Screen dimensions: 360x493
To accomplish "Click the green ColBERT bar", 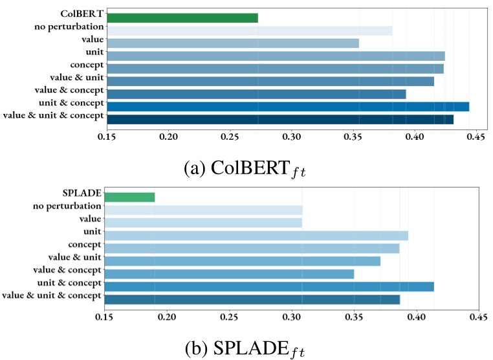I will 182,18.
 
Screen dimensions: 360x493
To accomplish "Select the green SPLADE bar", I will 130,197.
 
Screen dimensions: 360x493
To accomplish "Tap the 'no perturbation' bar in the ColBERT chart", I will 250,30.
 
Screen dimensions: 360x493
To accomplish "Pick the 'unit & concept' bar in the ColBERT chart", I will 288,106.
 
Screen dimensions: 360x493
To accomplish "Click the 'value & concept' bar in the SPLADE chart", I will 229,274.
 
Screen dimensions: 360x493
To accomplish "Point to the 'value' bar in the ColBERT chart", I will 233,43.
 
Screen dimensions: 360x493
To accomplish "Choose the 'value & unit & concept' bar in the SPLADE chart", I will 252,299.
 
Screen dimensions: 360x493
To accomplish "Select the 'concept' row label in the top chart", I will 87,65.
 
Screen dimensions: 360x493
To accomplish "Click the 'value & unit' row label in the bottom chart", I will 75,257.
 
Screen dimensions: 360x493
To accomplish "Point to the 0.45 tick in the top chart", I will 476,137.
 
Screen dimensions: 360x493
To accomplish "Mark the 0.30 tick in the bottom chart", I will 291,317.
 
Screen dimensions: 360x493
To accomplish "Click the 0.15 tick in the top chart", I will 107,137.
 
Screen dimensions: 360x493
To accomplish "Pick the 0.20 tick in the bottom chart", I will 167,317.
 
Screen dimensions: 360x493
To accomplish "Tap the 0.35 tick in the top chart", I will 353,137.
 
